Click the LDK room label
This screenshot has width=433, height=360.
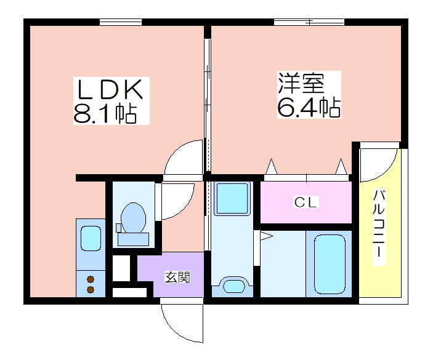[x=110, y=89]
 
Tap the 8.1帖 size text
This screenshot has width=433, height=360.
[x=105, y=113]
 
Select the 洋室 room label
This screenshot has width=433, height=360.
[x=301, y=83]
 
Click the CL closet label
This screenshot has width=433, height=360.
[x=306, y=202]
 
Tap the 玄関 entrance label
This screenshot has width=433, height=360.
[x=177, y=277]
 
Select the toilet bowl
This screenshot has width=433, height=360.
[x=134, y=218]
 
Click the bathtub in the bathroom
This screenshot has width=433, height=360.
[x=330, y=265]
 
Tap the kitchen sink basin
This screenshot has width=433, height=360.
[x=91, y=240]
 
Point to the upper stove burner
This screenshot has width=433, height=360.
[x=91, y=279]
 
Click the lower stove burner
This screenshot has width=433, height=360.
[x=91, y=290]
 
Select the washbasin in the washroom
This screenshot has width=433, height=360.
[x=234, y=286]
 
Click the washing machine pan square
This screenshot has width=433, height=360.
[x=232, y=198]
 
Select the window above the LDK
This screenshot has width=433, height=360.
[x=120, y=22]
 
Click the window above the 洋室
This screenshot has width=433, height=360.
[x=309, y=22]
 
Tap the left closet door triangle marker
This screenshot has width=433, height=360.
[x=272, y=166]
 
